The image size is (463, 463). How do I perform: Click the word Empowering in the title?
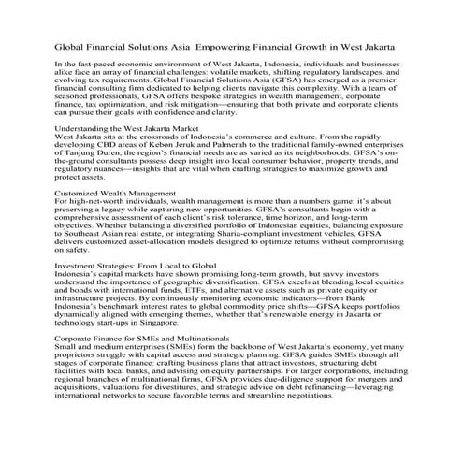point(253,45)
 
